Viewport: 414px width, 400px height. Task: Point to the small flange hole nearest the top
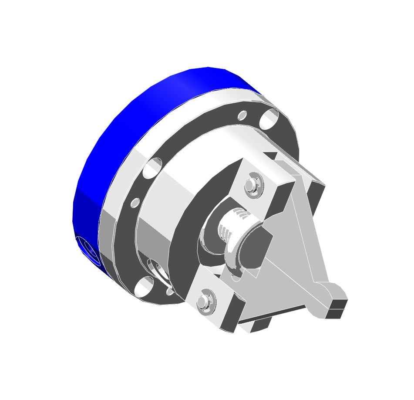pos(242,115)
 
